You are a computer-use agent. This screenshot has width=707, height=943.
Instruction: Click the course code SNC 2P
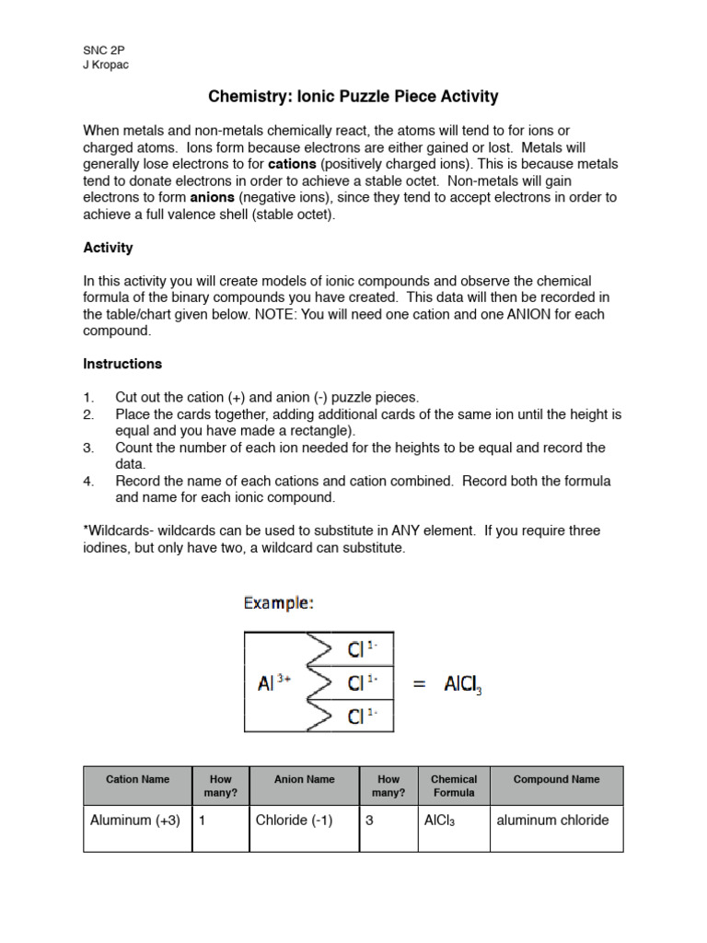point(102,52)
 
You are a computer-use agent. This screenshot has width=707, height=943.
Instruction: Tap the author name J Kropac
point(106,65)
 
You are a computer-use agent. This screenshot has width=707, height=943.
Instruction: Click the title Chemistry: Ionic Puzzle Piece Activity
point(353,97)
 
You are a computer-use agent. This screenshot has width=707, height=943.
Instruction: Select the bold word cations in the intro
point(291,164)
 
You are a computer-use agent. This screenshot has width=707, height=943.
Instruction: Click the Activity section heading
point(108,248)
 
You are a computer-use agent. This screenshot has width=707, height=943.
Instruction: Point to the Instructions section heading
point(122,364)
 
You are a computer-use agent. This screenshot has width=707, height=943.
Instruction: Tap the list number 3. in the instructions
point(88,448)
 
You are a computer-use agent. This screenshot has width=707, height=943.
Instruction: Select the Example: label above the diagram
point(278,603)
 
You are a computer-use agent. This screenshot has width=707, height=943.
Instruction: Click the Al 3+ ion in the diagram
point(276,683)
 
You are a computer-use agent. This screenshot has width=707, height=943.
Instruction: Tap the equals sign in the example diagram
point(420,683)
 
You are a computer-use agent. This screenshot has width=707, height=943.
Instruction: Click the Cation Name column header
point(137,779)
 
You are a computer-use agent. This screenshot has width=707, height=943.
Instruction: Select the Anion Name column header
point(304,779)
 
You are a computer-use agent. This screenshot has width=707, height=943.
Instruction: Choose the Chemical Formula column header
point(454,786)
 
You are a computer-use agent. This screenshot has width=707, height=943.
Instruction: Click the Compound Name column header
point(556,779)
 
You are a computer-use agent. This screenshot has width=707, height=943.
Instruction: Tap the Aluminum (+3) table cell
point(135,821)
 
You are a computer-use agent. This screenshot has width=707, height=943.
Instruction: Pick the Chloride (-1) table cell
point(294,821)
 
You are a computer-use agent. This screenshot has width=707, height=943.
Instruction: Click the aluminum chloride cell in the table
point(552,821)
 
